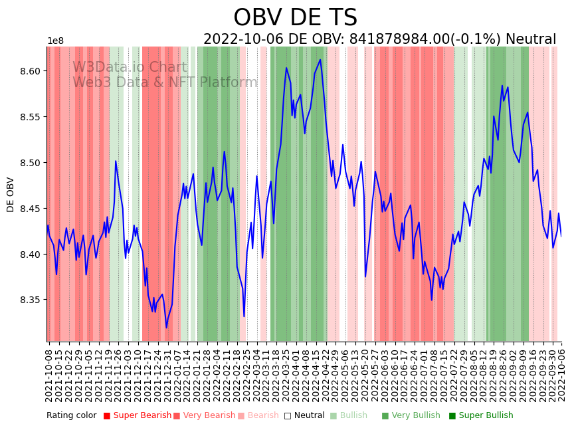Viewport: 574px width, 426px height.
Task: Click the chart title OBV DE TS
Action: click(x=295, y=18)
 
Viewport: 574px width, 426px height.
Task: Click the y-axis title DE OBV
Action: click(x=11, y=194)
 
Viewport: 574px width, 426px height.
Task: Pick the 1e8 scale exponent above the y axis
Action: click(x=56, y=41)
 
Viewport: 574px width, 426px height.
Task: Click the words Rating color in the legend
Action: click(x=71, y=415)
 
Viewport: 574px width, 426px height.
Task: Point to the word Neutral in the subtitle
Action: click(x=530, y=40)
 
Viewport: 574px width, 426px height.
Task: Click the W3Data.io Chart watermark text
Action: click(x=130, y=67)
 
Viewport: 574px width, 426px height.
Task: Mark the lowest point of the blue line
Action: click(x=166, y=327)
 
